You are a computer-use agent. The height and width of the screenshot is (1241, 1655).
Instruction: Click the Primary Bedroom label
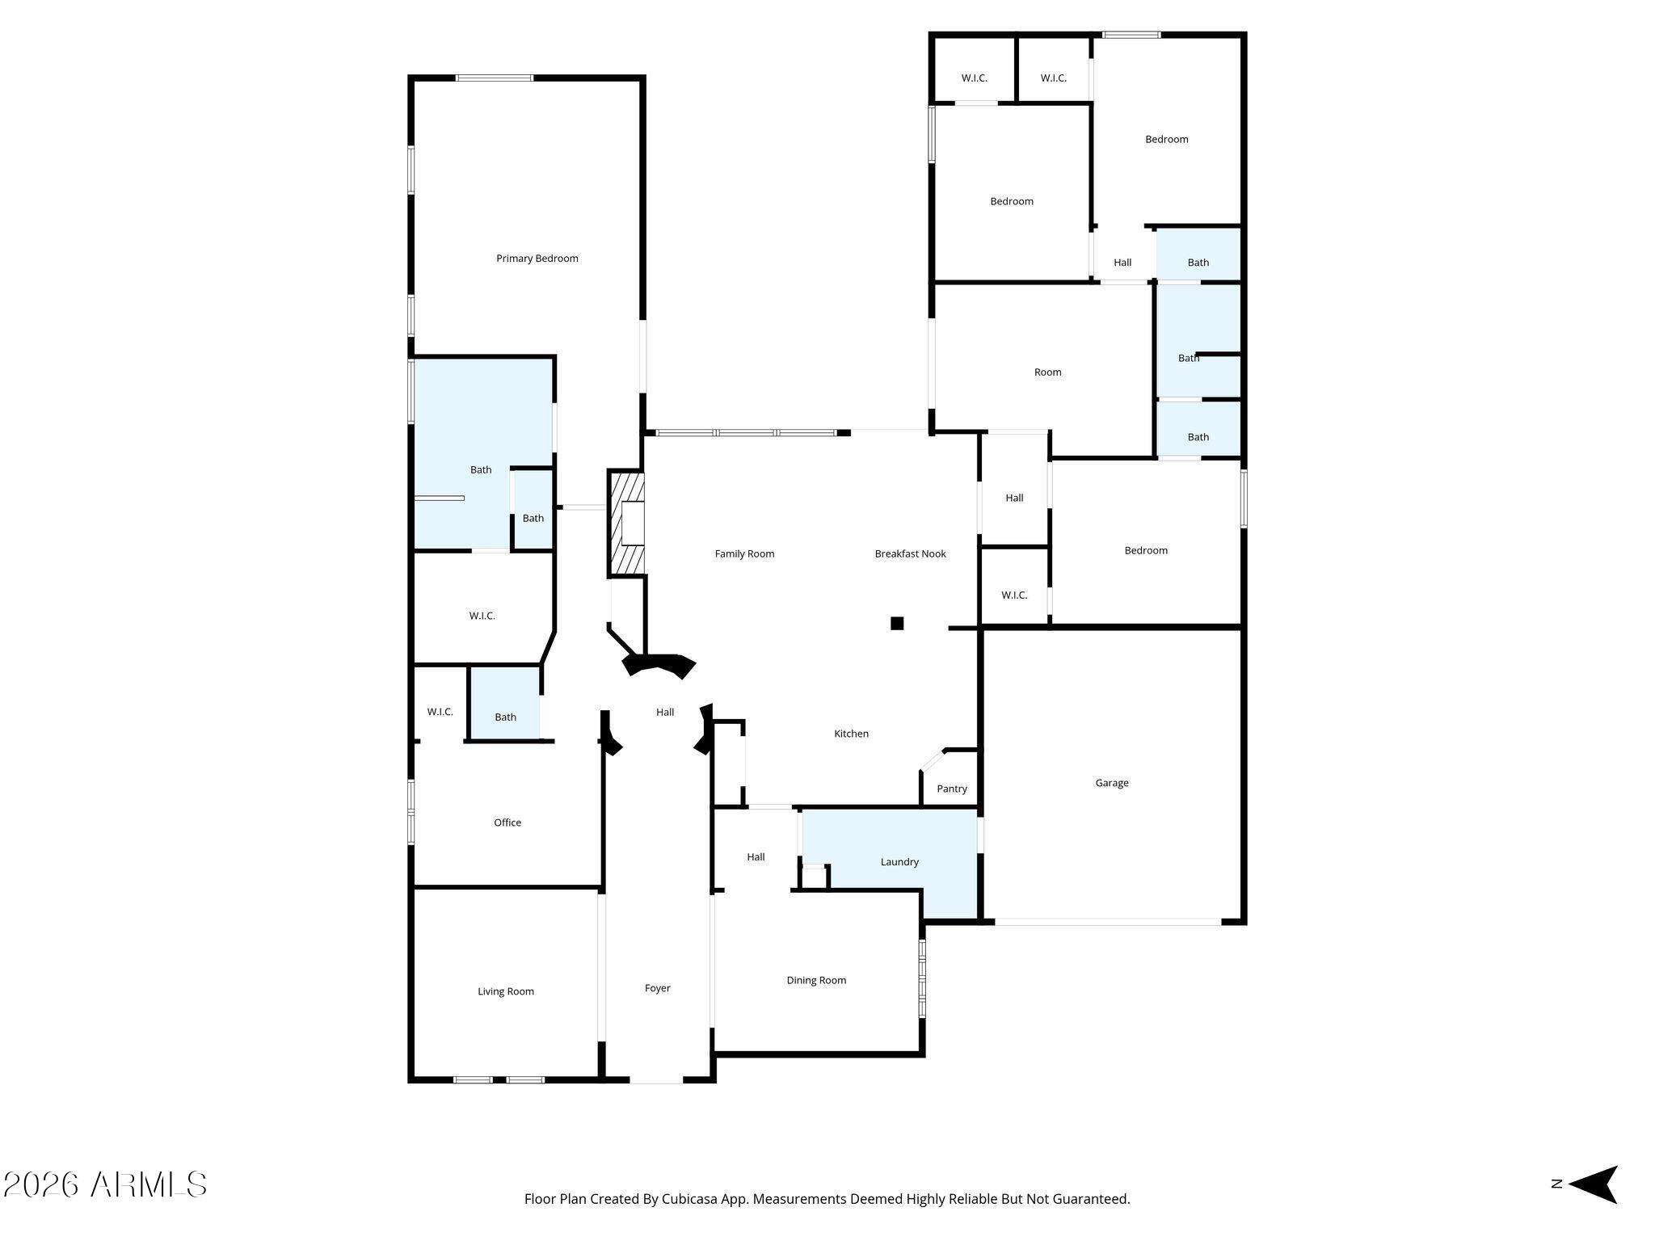pyautogui.click(x=537, y=259)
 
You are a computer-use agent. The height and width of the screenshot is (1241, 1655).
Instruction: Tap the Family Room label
pyautogui.click(x=744, y=554)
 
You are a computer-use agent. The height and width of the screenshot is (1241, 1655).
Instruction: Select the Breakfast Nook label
pyautogui.click(x=910, y=554)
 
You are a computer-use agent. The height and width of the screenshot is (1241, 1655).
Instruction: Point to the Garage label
pyautogui.click(x=1112, y=783)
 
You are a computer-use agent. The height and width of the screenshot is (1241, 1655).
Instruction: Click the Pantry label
pyautogui.click(x=952, y=789)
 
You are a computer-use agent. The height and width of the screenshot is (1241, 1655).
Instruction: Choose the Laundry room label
pyautogui.click(x=899, y=862)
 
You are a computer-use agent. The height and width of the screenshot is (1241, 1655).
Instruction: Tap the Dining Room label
pyautogui.click(x=816, y=981)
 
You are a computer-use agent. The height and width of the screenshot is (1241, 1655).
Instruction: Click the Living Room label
pyautogui.click(x=506, y=992)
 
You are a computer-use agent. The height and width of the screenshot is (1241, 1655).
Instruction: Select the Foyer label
pyautogui.click(x=658, y=988)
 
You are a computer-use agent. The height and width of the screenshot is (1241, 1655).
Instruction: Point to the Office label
pyautogui.click(x=507, y=822)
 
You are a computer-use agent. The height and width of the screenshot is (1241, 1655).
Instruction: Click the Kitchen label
pyautogui.click(x=852, y=734)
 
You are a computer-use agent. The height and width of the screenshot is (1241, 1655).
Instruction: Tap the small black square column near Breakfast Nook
pyautogui.click(x=897, y=623)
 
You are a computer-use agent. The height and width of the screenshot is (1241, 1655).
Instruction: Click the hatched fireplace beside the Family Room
pyautogui.click(x=627, y=524)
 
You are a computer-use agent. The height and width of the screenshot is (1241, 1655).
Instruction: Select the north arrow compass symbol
pyautogui.click(x=1593, y=1184)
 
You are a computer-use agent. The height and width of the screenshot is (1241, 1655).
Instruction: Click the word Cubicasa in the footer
pyautogui.click(x=691, y=1199)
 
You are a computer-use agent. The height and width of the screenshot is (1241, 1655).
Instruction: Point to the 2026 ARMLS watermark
pyautogui.click(x=105, y=1185)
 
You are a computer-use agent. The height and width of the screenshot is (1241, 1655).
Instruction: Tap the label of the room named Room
pyautogui.click(x=1048, y=372)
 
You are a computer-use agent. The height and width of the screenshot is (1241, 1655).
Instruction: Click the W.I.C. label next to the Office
pyautogui.click(x=440, y=712)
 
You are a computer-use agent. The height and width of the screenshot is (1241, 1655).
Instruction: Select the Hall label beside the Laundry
pyautogui.click(x=756, y=857)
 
